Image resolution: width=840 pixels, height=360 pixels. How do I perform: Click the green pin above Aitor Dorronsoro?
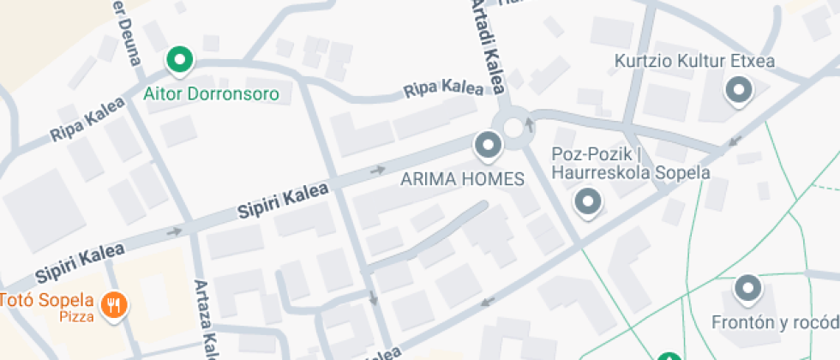pyautogui.click(x=180, y=60)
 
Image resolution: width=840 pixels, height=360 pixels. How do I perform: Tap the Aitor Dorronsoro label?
pyautogui.click(x=212, y=93)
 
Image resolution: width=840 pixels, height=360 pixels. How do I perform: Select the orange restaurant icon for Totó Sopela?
pyautogui.click(x=113, y=303)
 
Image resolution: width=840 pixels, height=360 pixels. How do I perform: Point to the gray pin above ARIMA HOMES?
pyautogui.click(x=489, y=145)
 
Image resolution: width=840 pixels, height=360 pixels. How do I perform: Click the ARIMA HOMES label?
pyautogui.click(x=462, y=179)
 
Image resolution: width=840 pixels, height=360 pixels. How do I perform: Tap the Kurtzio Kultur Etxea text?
pyautogui.click(x=694, y=62)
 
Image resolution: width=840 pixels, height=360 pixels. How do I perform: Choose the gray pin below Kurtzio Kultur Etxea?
pyautogui.click(x=738, y=89)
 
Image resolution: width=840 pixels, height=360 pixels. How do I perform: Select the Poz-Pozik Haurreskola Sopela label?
pyautogui.click(x=630, y=164)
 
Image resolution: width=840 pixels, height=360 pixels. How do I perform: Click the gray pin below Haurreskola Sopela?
pyautogui.click(x=588, y=201)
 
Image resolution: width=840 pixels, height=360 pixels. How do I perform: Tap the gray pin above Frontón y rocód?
pyautogui.click(x=749, y=289)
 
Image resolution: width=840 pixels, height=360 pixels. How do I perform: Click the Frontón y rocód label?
pyautogui.click(x=775, y=322)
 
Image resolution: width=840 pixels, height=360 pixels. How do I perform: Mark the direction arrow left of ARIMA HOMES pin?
pyautogui.click(x=377, y=170)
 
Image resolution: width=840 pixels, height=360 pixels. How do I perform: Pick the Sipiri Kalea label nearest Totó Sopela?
pyautogui.click(x=80, y=262)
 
